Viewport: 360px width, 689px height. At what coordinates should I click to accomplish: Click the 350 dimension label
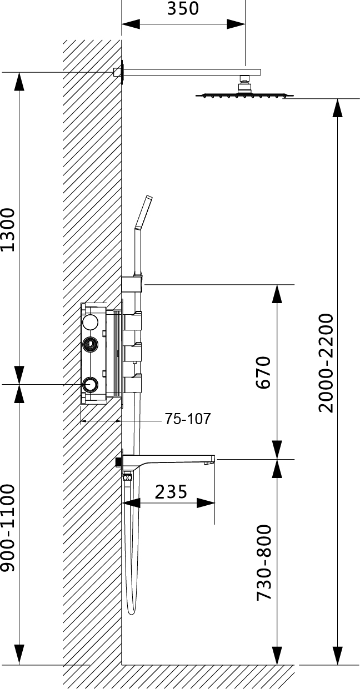[183, 8]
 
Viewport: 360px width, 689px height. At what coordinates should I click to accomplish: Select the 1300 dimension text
[7, 230]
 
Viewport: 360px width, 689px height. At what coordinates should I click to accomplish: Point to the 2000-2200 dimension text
[326, 363]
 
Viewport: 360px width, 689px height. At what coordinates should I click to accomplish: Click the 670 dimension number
[263, 373]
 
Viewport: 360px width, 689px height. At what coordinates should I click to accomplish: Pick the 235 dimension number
[171, 492]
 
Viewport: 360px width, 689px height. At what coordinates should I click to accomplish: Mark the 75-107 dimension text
[188, 419]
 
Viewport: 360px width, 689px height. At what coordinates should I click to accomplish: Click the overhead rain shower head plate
[245, 95]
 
